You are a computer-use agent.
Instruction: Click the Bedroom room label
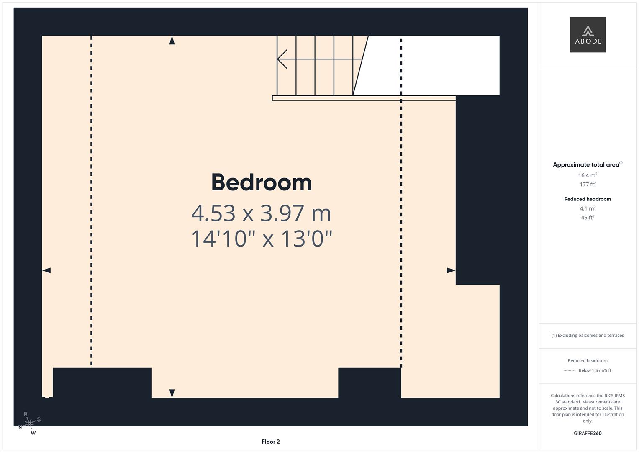[x=261, y=182]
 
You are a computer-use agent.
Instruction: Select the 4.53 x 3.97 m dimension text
[x=261, y=213]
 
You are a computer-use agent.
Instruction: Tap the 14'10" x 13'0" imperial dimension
[x=261, y=239]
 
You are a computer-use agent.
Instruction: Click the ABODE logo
[x=588, y=34]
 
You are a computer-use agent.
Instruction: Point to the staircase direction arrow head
[x=282, y=59]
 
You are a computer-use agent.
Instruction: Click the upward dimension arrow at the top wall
[x=172, y=41]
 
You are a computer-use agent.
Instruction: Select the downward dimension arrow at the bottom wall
[x=172, y=393]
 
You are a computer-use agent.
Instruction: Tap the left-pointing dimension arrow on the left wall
[x=46, y=270]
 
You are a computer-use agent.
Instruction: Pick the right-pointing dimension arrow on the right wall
[x=451, y=270]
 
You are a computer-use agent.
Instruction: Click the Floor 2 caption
[x=271, y=442]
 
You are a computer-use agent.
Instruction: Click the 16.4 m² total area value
[x=588, y=175]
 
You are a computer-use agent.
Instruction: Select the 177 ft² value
[x=588, y=184]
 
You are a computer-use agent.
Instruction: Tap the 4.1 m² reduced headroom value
[x=588, y=208]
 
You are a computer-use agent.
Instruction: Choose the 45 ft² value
[x=588, y=218]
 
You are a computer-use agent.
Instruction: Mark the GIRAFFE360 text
[x=588, y=434]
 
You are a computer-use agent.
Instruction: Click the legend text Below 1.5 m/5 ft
[x=595, y=370]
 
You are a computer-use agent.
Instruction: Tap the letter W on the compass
[x=33, y=433]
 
